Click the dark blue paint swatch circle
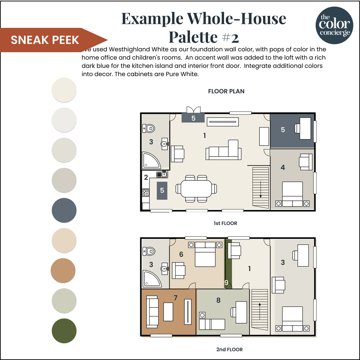(x=64, y=210)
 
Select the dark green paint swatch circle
(x=64, y=331)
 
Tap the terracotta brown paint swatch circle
(x=63, y=270)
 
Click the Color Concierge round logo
(x=334, y=25)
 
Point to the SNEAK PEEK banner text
(x=45, y=40)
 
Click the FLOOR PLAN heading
(x=226, y=91)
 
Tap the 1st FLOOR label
(x=225, y=223)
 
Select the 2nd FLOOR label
(x=229, y=350)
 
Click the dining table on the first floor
(x=196, y=189)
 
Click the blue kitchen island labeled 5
(x=162, y=190)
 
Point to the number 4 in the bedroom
(x=283, y=168)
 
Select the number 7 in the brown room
(x=176, y=298)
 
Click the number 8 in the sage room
(x=219, y=300)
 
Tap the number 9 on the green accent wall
(x=226, y=282)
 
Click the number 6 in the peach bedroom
(x=181, y=254)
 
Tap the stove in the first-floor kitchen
(x=146, y=193)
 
